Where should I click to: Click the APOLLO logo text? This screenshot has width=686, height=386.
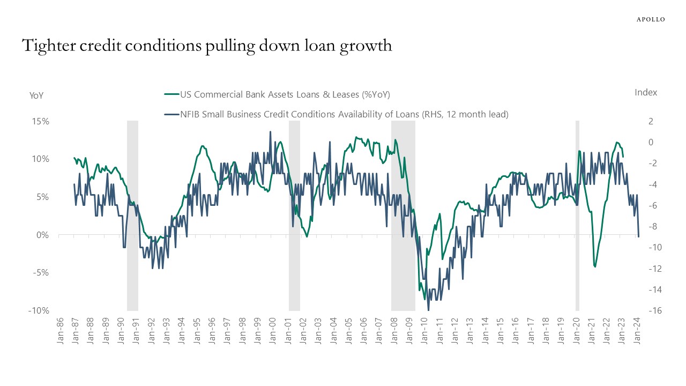651,19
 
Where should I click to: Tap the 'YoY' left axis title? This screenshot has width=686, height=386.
36,95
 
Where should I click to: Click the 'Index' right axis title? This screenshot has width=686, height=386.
646,92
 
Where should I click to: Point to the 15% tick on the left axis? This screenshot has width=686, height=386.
40,121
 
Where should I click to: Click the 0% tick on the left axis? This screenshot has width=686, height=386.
43,235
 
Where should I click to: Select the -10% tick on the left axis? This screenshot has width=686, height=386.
39,311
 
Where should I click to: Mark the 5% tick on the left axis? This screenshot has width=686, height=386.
43,197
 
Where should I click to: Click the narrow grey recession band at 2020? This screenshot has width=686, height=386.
577,214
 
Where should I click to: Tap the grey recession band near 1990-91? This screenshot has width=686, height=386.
132,214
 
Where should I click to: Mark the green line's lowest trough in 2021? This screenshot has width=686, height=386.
595,266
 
